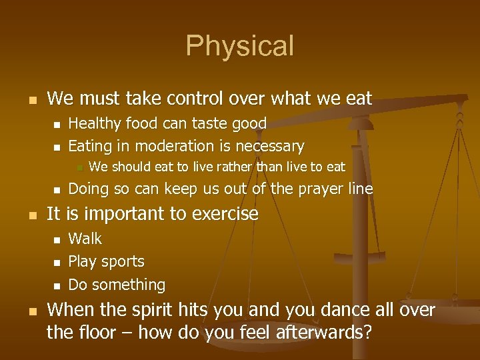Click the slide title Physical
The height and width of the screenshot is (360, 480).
point(239,46)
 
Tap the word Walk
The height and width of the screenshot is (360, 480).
point(85,239)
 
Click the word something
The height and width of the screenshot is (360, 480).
point(128,285)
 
